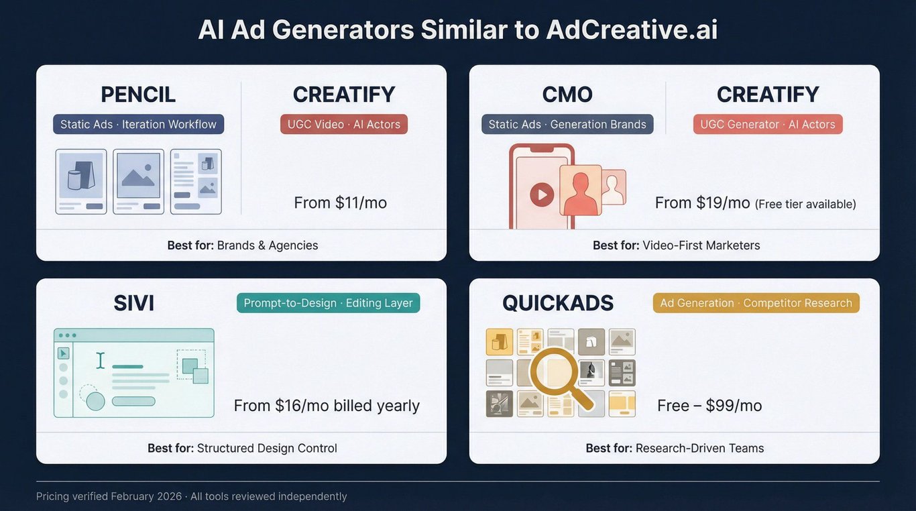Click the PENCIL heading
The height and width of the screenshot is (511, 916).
[138, 95]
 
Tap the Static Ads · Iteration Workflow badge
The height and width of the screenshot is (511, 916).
[138, 124]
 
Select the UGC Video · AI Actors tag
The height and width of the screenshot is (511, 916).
[344, 124]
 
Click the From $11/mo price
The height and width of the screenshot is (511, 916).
[340, 203]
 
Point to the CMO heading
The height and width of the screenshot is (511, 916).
[567, 95]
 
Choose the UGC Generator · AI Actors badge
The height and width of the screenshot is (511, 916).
[768, 124]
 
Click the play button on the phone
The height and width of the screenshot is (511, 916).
[542, 194]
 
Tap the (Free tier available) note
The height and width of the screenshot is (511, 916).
[805, 204]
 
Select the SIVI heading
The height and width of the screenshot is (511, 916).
[133, 303]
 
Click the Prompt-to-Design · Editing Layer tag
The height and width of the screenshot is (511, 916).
[328, 303]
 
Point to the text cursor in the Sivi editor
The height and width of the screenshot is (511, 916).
[100, 361]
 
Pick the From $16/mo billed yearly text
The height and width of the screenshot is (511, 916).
[327, 406]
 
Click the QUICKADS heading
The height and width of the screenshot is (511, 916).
[558, 303]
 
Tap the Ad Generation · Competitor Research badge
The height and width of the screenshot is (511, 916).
[756, 303]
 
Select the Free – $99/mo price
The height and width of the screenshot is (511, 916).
[709, 406]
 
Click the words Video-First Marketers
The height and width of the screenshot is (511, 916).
[701, 245]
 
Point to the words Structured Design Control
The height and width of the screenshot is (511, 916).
[267, 449]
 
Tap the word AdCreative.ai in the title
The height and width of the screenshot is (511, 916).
[632, 30]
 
